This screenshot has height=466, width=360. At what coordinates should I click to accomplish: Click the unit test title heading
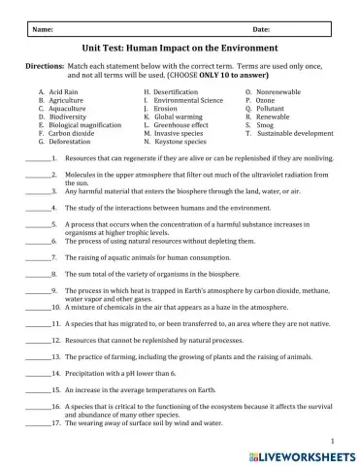click(182, 47)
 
